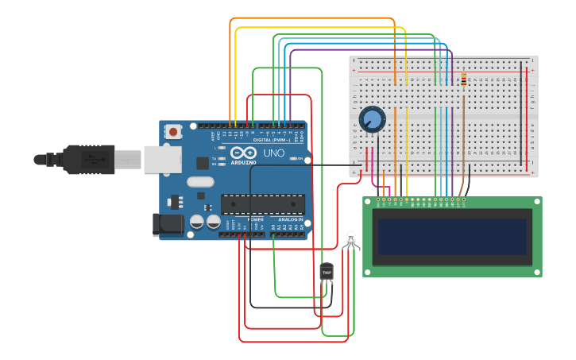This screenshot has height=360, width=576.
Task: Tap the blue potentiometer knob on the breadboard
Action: tap(371, 119)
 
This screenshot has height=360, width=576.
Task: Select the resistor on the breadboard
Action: tap(463, 79)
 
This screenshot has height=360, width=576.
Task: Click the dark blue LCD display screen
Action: tap(451, 236)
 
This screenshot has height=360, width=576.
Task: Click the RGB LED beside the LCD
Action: tap(351, 238)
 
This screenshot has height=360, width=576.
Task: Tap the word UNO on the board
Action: tap(273, 153)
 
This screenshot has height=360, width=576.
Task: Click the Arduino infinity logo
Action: tap(244, 153)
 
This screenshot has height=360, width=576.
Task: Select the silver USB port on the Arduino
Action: tap(163, 159)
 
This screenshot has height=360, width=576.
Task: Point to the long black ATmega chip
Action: tap(262, 204)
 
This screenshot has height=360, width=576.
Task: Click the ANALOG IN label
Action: tap(290, 219)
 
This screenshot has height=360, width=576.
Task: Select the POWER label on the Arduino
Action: tap(255, 219)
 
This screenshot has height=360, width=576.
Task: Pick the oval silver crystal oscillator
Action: tap(200, 181)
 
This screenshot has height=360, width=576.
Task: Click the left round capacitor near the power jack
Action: tap(196, 223)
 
